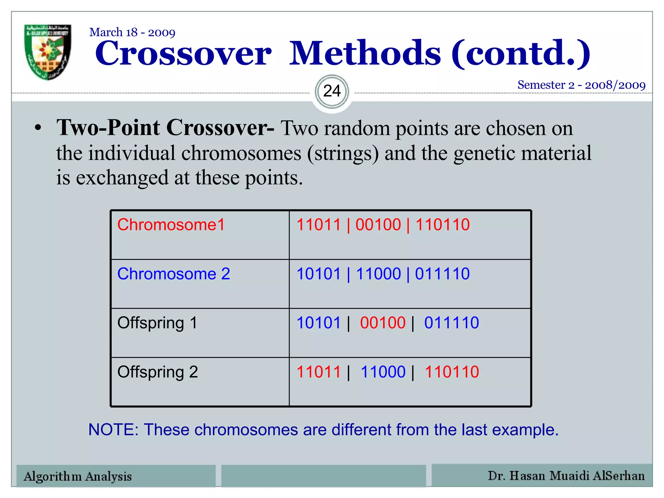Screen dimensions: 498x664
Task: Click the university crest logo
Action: point(48,52)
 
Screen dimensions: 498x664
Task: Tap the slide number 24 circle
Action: point(332,91)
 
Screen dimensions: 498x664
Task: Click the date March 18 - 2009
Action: point(132,32)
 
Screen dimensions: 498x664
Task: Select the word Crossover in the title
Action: point(183,53)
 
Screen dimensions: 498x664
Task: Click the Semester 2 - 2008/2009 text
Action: point(581,85)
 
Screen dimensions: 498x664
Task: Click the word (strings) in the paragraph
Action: point(343,153)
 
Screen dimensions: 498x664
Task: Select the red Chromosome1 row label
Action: point(171,225)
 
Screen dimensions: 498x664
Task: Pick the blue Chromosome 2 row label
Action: point(173,274)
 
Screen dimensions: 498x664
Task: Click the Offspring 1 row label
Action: point(157,323)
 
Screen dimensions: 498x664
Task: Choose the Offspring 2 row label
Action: point(158,372)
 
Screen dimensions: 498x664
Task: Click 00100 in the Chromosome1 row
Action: point(378,225)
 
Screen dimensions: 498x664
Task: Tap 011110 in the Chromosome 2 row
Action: point(442,274)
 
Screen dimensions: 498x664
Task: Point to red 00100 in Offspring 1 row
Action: point(383,323)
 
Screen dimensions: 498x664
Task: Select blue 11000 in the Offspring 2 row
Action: point(383,372)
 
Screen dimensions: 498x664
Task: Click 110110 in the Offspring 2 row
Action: point(452,372)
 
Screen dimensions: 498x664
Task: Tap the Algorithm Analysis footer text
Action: point(78,476)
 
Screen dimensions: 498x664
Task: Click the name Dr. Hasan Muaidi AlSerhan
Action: point(566,476)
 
